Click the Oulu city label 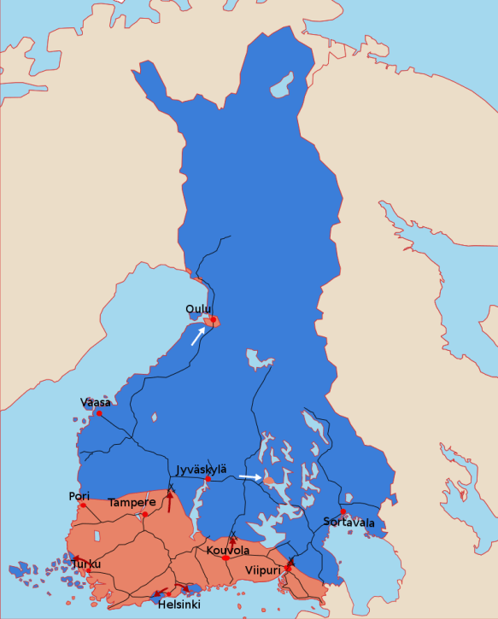point(197,309)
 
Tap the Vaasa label point(95,402)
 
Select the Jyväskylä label point(202,470)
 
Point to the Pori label point(78,496)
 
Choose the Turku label point(86,564)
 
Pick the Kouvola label point(228,551)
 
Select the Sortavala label point(349,522)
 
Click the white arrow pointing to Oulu point(197,336)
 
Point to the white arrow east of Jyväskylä point(250,476)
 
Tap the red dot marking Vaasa point(99,413)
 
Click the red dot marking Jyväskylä point(208,479)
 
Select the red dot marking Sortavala point(343,511)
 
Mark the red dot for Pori point(83,505)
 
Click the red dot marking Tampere point(145,514)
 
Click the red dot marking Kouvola point(226,558)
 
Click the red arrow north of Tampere point(170,502)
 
